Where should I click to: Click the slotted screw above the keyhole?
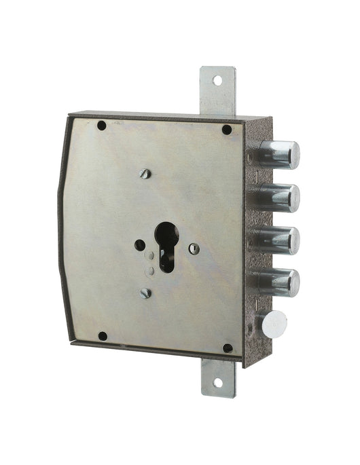(x=145, y=174)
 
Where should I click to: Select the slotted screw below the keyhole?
(x=145, y=293)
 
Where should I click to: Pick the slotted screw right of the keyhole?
(x=194, y=248)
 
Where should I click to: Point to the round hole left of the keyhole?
(x=140, y=244)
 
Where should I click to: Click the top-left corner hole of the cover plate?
(x=102, y=126)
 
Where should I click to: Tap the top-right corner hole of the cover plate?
(x=226, y=130)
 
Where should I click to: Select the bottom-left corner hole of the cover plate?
(x=103, y=335)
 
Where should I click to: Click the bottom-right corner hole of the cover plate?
(x=228, y=348)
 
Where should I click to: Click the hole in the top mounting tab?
(x=217, y=80)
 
